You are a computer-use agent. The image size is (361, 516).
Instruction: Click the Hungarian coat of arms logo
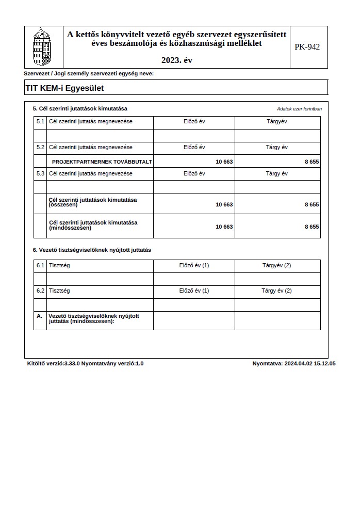43,46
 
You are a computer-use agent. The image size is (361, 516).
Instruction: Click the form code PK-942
307,47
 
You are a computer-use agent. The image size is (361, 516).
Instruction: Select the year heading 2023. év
176,60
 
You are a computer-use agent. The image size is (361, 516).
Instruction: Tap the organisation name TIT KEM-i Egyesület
64,88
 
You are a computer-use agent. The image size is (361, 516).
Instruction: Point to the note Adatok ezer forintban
299,109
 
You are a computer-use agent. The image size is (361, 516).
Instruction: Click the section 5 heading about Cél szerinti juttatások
80,108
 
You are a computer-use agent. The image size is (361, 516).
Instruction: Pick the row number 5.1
41,121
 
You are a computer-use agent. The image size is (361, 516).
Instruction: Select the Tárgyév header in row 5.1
277,121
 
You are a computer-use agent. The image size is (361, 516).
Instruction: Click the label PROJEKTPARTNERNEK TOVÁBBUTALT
102,162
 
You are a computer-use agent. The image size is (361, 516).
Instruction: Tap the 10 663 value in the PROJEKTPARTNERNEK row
224,162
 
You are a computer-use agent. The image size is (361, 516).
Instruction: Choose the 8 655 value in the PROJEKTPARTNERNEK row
311,162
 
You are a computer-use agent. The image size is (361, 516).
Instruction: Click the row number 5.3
41,173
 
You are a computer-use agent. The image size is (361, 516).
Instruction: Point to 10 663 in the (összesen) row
224,204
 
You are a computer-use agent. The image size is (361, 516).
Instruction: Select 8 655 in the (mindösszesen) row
311,227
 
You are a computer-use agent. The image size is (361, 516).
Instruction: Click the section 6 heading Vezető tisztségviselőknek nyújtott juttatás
92,250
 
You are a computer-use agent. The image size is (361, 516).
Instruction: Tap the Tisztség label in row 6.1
59,265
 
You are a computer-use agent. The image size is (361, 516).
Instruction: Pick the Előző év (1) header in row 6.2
194,291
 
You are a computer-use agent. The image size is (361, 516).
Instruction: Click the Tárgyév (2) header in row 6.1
277,265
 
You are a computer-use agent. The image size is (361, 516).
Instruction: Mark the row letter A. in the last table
40,316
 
